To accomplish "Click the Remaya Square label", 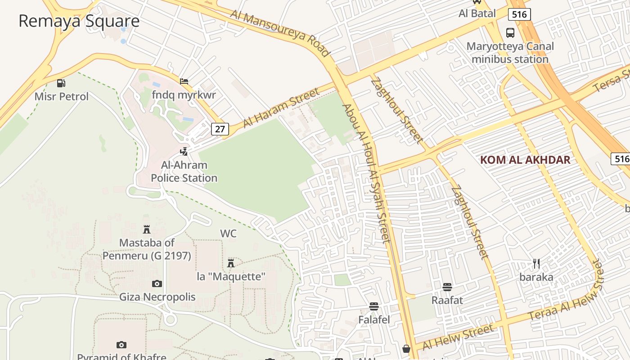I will (x=79, y=21).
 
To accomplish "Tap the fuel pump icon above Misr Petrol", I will (x=61, y=83).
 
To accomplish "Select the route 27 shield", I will (x=219, y=129).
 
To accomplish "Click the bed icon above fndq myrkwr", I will (x=184, y=81).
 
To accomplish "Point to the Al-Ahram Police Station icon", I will (x=184, y=151).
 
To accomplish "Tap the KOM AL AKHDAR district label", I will (x=525, y=160).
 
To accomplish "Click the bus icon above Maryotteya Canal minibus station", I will (x=510, y=33).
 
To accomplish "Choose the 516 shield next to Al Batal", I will (x=519, y=14).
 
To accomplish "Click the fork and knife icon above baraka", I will (x=536, y=264).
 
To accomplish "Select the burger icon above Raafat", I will (x=447, y=287).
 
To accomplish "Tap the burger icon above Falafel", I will (x=373, y=306).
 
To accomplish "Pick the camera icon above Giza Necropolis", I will (x=157, y=283).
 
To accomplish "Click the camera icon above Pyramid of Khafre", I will (x=121, y=345).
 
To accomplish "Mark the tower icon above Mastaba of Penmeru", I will (x=147, y=229).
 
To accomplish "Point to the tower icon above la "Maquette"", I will (x=231, y=263).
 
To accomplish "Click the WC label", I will (x=228, y=234).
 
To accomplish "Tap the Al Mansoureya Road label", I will (x=280, y=32).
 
